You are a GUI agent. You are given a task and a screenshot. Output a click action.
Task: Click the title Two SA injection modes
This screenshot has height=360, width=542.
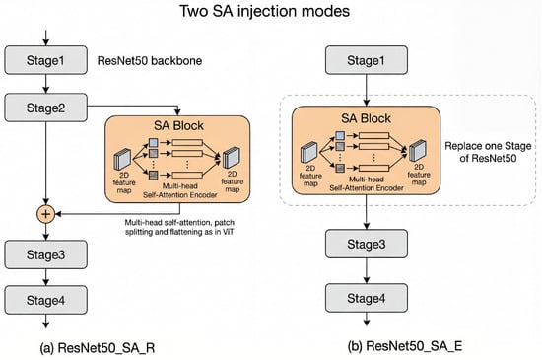tap(264, 11)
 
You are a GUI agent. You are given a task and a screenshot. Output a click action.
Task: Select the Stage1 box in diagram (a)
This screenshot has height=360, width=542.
tap(45, 60)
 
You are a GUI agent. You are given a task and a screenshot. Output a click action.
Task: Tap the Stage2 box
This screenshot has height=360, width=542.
tap(45, 108)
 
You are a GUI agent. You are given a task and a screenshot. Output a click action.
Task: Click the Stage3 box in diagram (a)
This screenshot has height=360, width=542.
tap(45, 254)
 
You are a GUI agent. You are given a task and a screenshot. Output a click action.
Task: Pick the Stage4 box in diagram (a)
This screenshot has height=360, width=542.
tap(45, 300)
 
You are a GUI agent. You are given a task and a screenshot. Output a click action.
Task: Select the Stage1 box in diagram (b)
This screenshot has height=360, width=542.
tap(367, 60)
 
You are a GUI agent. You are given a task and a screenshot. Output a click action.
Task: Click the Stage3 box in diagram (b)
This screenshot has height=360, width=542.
tap(367, 244)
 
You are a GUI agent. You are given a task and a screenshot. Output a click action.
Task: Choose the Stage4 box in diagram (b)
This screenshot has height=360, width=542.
tap(367, 298)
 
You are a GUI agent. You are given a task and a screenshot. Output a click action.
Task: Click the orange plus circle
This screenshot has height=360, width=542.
tap(45, 214)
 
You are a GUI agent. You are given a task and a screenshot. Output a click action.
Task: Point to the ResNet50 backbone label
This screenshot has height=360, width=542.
tap(150, 60)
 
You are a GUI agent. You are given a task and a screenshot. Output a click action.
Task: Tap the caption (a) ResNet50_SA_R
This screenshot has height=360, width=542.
tap(98, 347)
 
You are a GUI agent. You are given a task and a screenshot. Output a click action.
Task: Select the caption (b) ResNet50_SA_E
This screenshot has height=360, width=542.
tap(405, 345)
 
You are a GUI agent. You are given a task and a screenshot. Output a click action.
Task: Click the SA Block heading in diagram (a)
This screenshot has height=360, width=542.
tap(178, 125)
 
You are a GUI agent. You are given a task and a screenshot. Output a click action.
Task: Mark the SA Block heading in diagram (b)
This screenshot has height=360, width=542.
tap(366, 118)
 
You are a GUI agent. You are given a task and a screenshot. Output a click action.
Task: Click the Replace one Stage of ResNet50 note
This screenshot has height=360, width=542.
tap(488, 152)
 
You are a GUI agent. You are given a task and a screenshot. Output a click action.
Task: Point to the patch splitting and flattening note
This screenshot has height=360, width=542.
tap(179, 227)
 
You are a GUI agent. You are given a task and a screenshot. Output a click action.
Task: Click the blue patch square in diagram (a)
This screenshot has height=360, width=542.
tap(153, 142)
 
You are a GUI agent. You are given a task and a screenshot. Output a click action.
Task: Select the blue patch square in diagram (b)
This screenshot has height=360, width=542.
tap(340, 135)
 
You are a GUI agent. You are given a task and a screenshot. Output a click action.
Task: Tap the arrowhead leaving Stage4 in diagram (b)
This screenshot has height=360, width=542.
tap(367, 323)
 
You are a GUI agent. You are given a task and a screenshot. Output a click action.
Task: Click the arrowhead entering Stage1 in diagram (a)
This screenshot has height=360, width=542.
tap(45, 42)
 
